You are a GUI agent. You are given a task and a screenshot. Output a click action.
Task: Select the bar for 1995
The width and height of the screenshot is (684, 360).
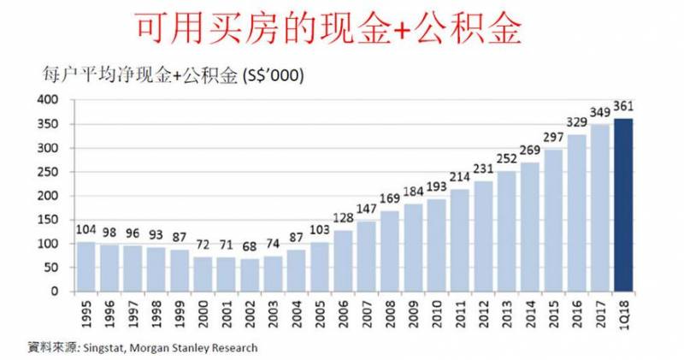86,267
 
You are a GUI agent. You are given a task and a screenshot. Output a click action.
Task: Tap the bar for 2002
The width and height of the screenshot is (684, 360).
251,275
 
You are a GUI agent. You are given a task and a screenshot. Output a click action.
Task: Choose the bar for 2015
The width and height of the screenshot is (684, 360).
554,221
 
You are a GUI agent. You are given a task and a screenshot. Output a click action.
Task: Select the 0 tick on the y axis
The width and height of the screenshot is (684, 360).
53,292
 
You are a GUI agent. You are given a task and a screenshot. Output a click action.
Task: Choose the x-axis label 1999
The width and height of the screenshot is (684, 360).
180,314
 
